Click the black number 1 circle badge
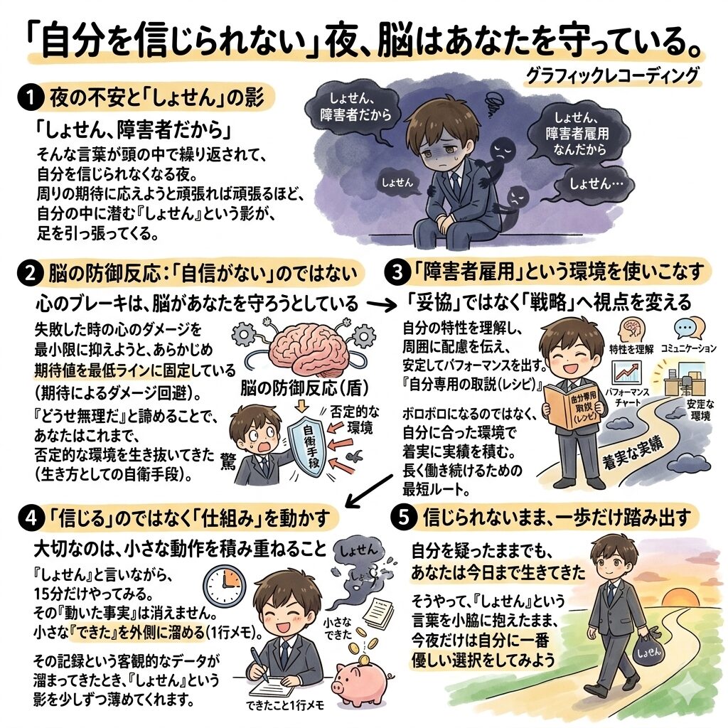(30, 98)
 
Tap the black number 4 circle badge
(31, 518)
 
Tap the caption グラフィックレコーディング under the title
(611, 75)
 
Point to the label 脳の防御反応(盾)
(304, 387)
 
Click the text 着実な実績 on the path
(633, 451)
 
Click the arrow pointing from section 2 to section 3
(381, 305)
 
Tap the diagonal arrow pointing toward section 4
(370, 491)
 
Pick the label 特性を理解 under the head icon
(631, 348)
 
